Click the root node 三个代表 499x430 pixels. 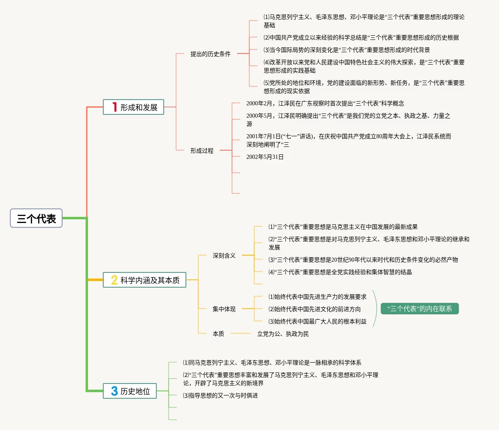click(x=36, y=218)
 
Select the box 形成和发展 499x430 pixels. click(x=134, y=107)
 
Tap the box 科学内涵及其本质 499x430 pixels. click(x=145, y=280)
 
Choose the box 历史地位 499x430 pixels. click(x=130, y=391)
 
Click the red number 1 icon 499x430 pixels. click(x=114, y=107)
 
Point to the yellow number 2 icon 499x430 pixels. click(x=114, y=280)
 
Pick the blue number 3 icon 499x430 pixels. click(x=114, y=391)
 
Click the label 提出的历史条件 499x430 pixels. click(x=210, y=54)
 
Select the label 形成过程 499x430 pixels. click(x=202, y=151)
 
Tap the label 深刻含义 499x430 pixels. click(x=224, y=256)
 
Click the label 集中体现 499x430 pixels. click(x=224, y=309)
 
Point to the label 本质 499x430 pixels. click(x=218, y=334)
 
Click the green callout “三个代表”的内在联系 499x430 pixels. click(x=420, y=309)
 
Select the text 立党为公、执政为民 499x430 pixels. click(x=283, y=334)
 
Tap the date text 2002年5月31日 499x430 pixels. click(x=265, y=157)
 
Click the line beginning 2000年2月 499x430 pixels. click(x=325, y=103)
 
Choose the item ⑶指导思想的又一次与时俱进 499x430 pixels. click(x=220, y=395)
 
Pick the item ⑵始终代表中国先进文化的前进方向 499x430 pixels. click(x=315, y=309)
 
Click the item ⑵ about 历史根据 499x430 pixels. click(x=361, y=37)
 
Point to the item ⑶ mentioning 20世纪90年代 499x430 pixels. click(x=363, y=260)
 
